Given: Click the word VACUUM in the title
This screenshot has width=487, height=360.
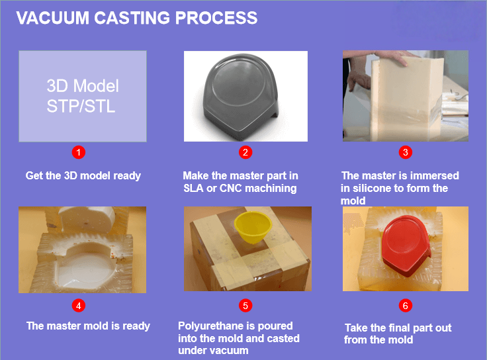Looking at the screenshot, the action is [x=53, y=18].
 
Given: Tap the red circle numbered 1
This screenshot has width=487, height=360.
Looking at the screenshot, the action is [x=79, y=152].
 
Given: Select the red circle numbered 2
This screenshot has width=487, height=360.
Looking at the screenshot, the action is [x=245, y=152].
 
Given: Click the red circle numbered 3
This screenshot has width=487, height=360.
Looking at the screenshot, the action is [x=406, y=152].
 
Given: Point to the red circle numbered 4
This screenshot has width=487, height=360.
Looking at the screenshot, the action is [x=79, y=306].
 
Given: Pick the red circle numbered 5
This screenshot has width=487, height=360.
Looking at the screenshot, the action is [x=245, y=306].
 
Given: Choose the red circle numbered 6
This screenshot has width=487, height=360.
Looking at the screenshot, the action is [x=406, y=306].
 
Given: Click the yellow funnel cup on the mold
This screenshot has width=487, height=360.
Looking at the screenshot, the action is [x=253, y=227].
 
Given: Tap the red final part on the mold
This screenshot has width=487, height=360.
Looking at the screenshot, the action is [x=406, y=246].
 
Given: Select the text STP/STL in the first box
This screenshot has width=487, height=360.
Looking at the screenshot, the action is [x=81, y=107].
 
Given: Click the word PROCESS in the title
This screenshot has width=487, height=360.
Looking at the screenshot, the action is [x=216, y=18].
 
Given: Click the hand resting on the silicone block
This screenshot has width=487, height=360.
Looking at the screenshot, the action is [x=392, y=56].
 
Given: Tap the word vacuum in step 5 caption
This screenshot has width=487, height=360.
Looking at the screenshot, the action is [x=230, y=351].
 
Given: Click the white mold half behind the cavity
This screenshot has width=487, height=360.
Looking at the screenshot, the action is [x=87, y=219].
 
